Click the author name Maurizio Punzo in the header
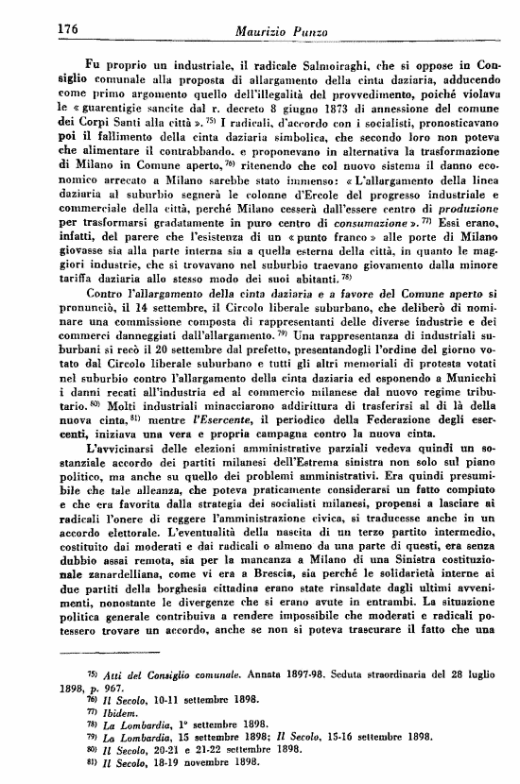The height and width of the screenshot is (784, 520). coord(279,31)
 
